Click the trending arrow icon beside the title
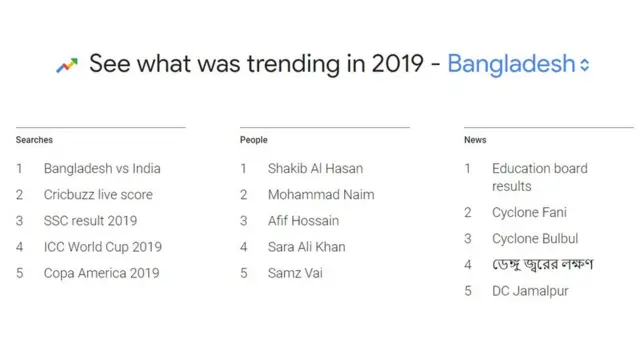(67, 66)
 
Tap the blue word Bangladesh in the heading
(511, 65)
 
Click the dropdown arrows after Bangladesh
(585, 66)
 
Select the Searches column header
(34, 140)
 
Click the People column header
(254, 140)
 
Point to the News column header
(475, 140)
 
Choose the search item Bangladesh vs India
(102, 169)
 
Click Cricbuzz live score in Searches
(98, 195)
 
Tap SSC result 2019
(90, 221)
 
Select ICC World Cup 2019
(102, 247)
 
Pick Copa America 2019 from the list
(101, 273)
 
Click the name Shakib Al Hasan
(315, 169)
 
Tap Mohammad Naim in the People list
(321, 195)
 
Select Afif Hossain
(303, 221)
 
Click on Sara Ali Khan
(306, 247)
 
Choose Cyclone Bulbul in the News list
(534, 239)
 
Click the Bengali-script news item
(542, 265)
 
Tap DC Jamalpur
(530, 291)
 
